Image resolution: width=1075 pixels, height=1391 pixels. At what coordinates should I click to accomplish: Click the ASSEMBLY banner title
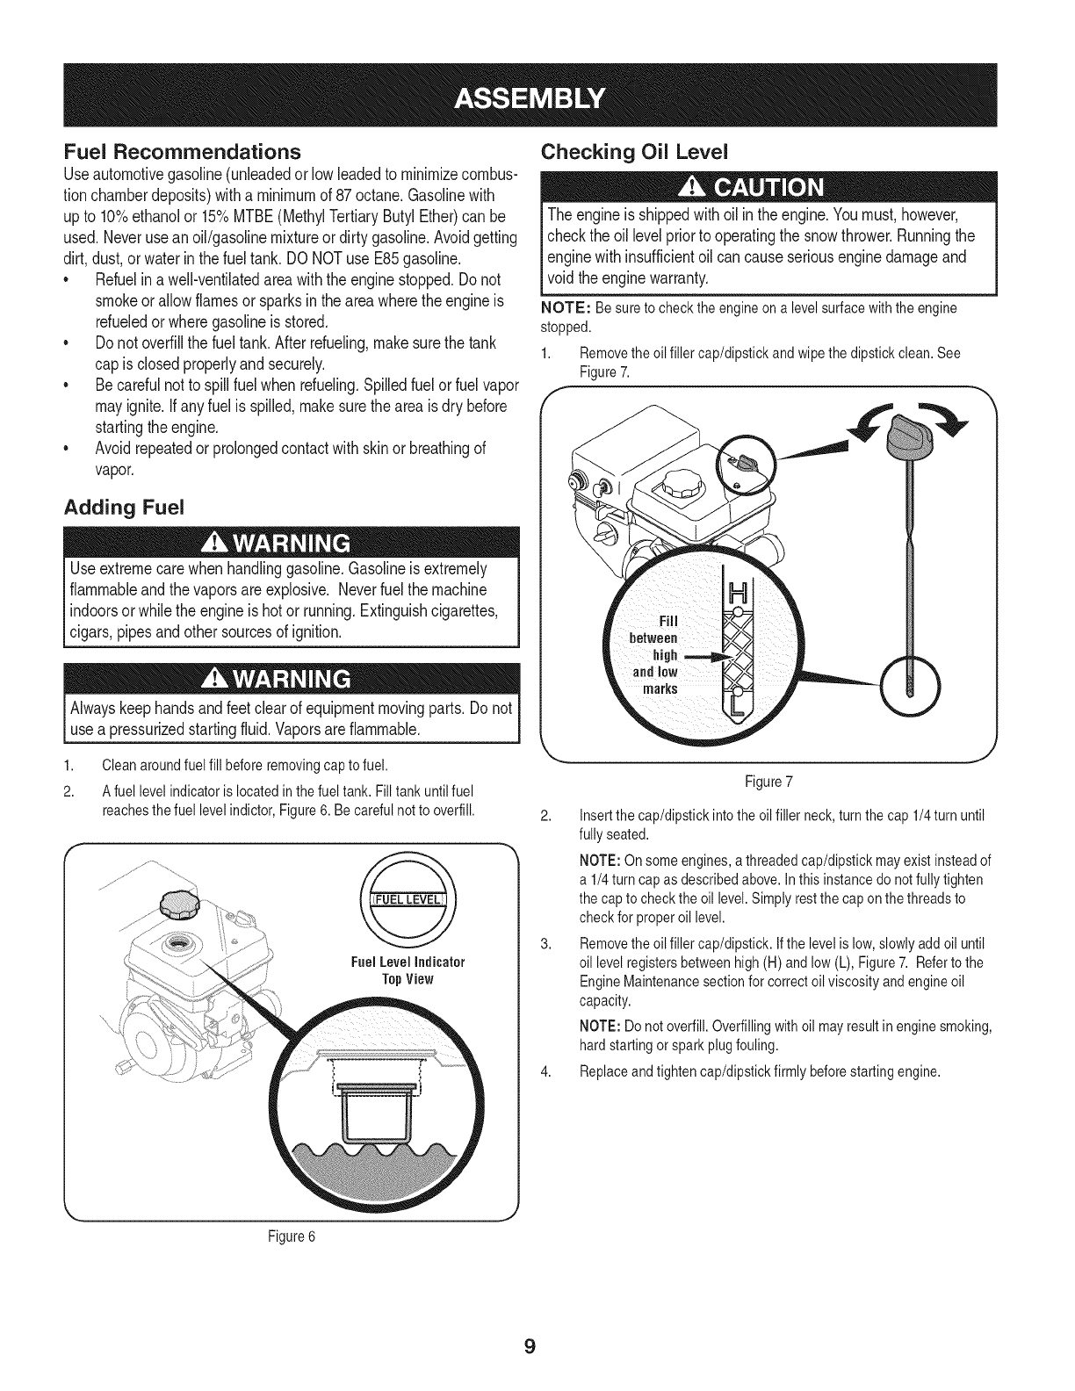click(537, 96)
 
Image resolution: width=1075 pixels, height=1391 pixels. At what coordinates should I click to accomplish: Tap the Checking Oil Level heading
click(649, 151)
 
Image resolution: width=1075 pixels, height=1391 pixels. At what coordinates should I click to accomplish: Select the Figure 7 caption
click(769, 781)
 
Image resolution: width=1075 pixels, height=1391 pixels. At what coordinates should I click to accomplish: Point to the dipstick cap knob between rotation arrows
click(904, 434)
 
